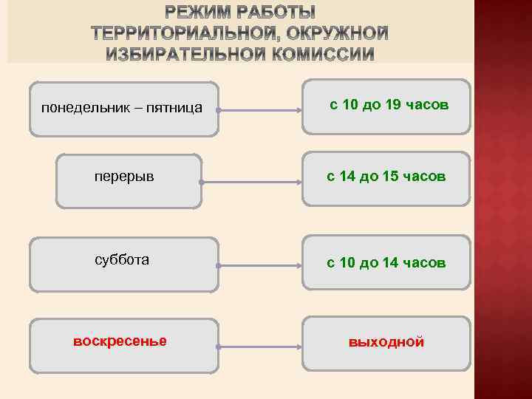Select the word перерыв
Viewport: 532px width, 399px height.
pos(124,177)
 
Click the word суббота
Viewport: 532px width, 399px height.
pos(122,259)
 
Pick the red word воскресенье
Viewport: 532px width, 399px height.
pos(120,341)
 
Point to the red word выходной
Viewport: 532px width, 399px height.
pos(386,342)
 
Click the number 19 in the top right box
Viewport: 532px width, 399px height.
pos(393,105)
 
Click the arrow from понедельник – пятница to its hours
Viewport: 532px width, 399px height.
pos(259,112)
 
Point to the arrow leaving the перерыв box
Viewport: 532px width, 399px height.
pos(251,183)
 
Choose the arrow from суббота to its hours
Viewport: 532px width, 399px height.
pos(259,264)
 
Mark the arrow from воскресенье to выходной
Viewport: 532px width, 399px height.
pos(259,345)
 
